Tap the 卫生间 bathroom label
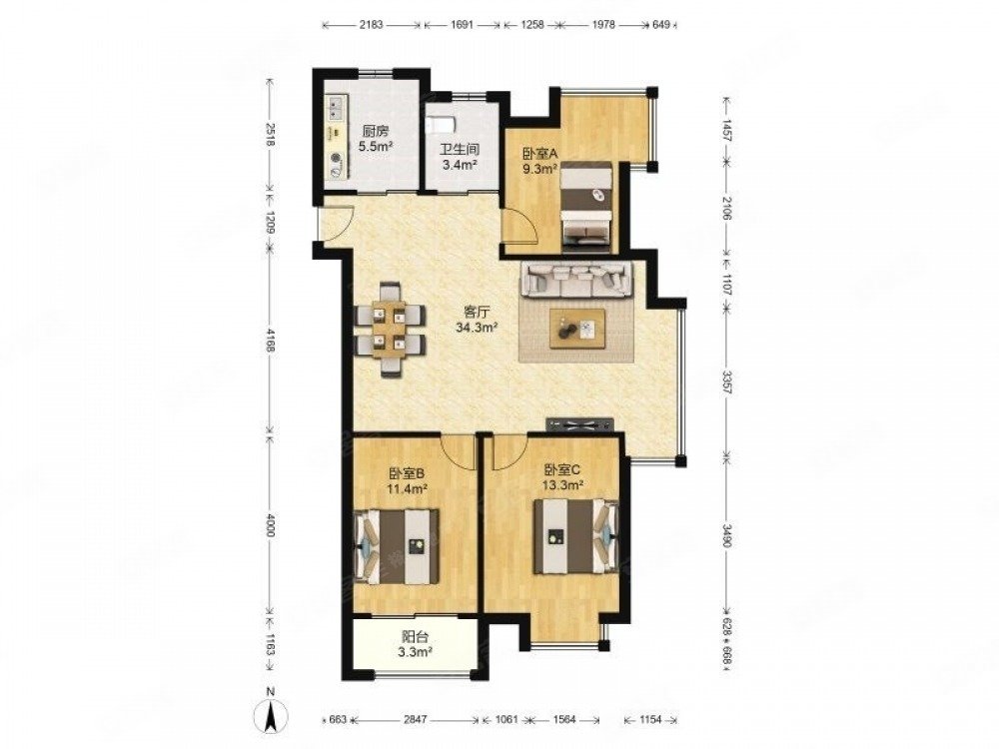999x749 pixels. coord(460,151)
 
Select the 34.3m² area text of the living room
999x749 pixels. coord(477,328)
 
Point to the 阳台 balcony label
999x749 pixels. coord(416,636)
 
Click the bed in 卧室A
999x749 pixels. coord(586,203)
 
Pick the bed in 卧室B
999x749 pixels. coord(397,545)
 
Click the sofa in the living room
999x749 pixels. coord(576,280)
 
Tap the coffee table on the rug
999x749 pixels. coord(577,328)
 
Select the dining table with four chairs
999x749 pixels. coord(390,330)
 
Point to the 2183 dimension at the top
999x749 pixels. coord(371,25)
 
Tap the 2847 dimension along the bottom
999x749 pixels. coord(416,719)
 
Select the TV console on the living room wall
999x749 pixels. coord(579,423)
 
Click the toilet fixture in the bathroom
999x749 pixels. coord(439,123)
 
